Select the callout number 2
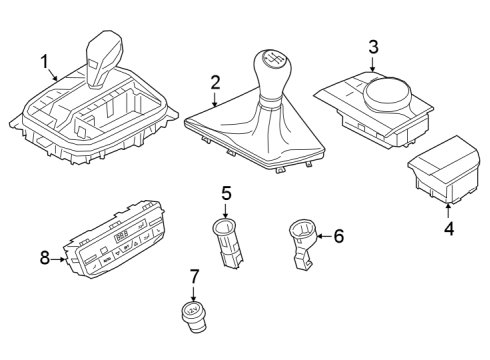click(x=215, y=83)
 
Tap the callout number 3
click(x=373, y=46)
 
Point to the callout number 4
click(x=449, y=230)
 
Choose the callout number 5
click(x=226, y=193)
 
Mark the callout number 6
click(x=337, y=237)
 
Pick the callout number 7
click(x=195, y=275)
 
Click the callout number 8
click(x=45, y=258)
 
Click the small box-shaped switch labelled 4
click(x=447, y=164)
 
